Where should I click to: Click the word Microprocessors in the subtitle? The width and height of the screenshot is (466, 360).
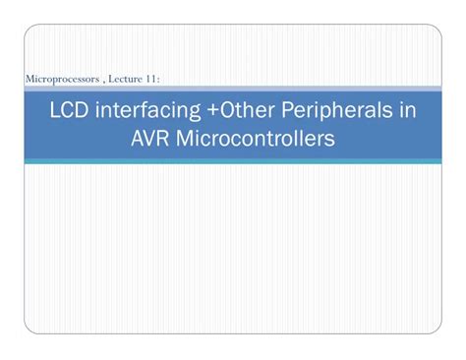[x=61, y=78]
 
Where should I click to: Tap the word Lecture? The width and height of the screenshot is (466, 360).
[x=122, y=78]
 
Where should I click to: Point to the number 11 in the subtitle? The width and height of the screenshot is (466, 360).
[x=151, y=78]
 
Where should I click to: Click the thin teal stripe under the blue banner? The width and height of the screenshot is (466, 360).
[x=233, y=161]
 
